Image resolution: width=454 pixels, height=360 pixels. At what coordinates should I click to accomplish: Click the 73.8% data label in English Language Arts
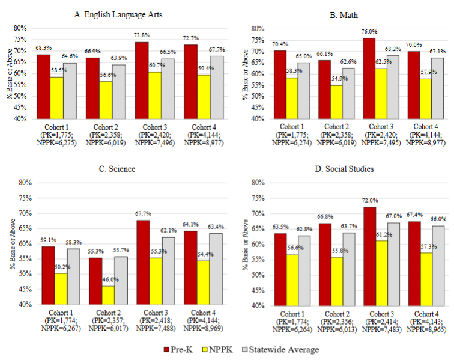(x=141, y=36)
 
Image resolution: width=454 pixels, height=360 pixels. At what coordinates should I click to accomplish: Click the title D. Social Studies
(x=344, y=169)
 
